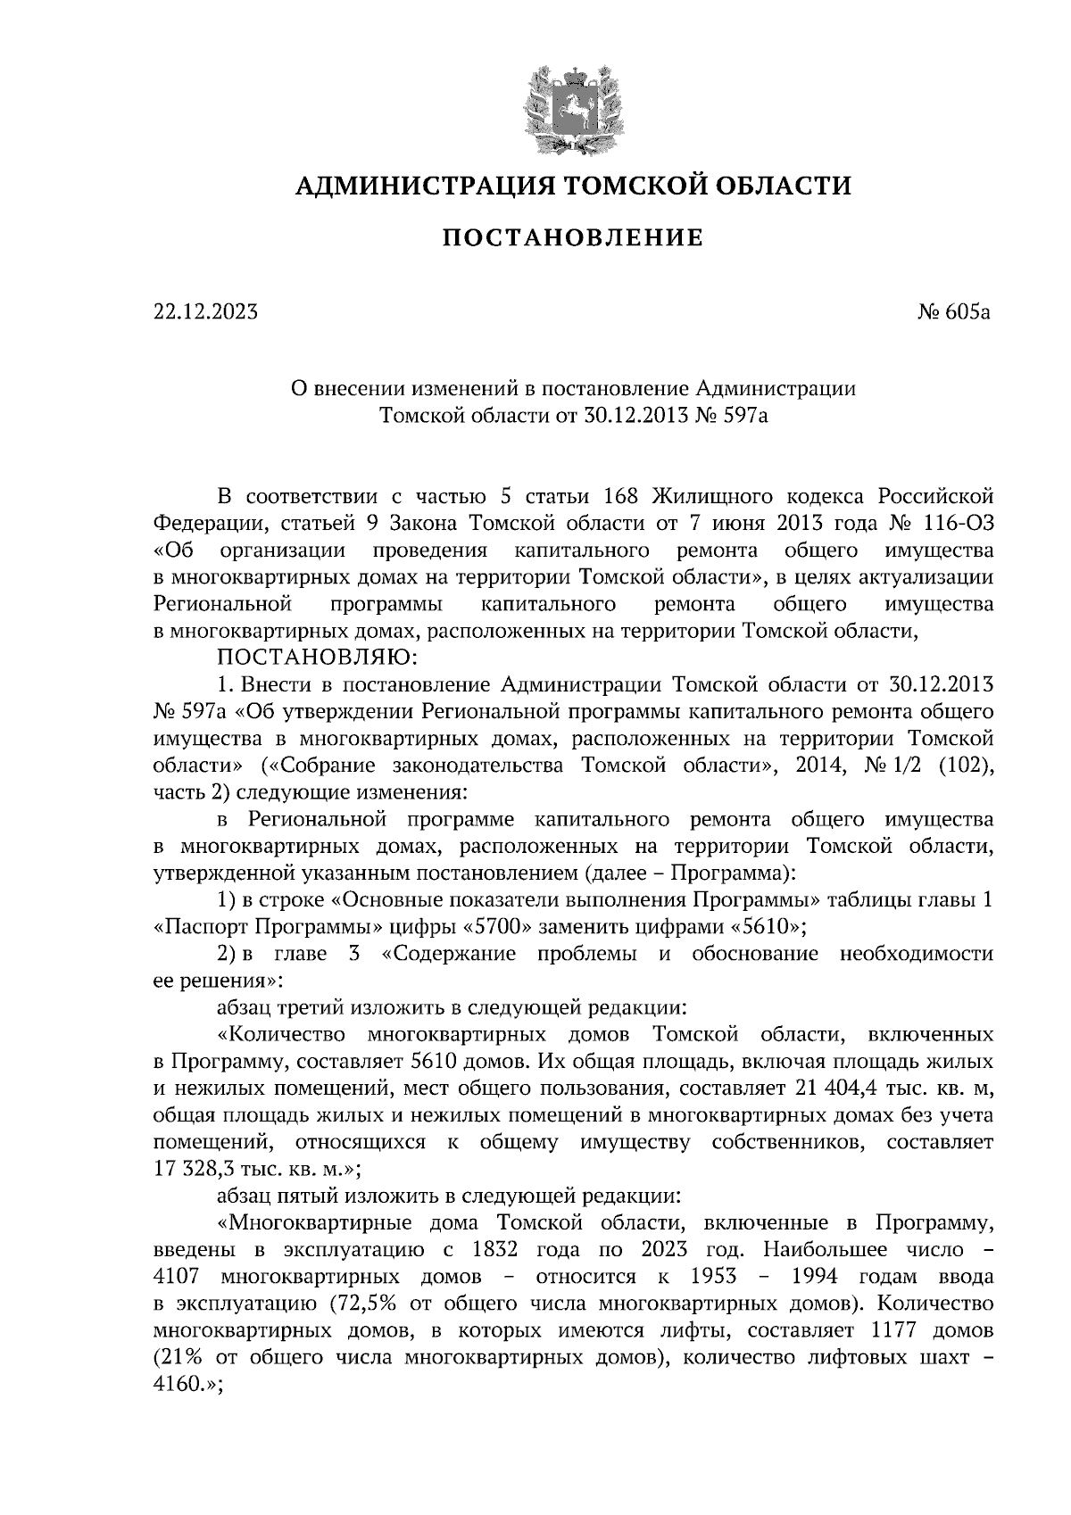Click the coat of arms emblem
click(x=572, y=108)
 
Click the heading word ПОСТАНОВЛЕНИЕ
click(x=573, y=238)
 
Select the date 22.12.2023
click(x=205, y=312)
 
